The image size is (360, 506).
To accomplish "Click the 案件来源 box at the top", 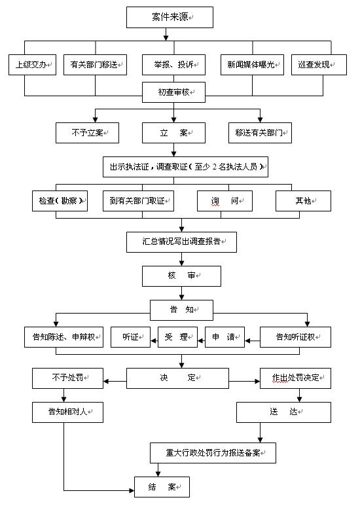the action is click(170, 17).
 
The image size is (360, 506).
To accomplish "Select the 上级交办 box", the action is click(32, 65).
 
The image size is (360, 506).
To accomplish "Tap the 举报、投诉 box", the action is click(173, 65).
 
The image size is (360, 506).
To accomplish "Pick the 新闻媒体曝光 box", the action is click(252, 65).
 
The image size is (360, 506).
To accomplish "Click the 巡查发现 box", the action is click(319, 65).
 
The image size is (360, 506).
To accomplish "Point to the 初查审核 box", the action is click(173, 92).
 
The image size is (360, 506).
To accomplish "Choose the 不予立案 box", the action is click(87, 133).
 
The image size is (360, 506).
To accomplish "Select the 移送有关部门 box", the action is click(260, 133).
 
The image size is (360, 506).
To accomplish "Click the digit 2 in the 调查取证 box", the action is click(215, 167).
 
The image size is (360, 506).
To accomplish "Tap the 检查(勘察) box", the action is click(60, 201).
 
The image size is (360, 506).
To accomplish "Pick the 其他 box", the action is click(303, 201).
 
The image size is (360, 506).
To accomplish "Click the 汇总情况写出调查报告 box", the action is click(181, 242).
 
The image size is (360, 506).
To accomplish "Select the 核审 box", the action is click(181, 276).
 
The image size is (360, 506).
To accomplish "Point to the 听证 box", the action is click(130, 337).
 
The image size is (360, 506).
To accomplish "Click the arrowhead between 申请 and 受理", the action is click(201, 340).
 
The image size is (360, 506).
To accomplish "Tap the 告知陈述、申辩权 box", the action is click(63, 337).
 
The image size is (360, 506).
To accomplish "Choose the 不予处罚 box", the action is click(67, 378).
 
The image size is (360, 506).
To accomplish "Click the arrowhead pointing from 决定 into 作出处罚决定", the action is click(257, 382).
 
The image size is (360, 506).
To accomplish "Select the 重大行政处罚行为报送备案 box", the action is click(213, 453).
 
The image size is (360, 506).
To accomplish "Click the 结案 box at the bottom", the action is click(162, 487).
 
